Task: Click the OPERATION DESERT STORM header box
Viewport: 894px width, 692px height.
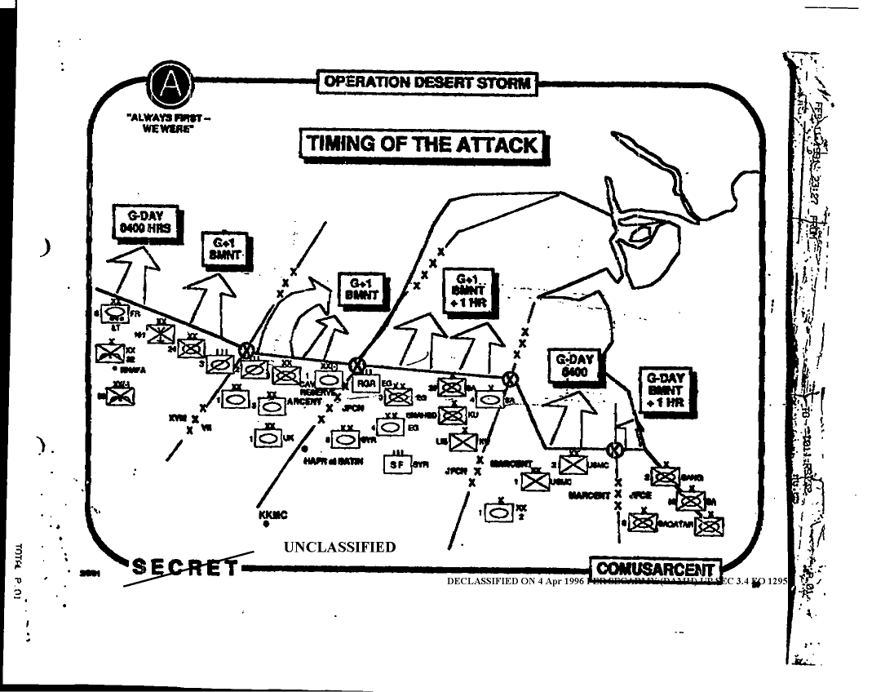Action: pos(427,82)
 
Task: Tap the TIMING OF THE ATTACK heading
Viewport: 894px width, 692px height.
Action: pos(423,144)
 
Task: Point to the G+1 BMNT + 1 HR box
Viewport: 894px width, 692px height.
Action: pos(471,290)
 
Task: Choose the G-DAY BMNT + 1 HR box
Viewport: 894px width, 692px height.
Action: pos(665,390)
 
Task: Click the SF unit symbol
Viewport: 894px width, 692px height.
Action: pos(397,464)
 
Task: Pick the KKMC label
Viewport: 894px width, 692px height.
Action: pos(272,515)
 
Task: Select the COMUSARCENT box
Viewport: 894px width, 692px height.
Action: pos(655,570)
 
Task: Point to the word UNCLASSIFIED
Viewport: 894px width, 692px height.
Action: pos(339,547)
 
